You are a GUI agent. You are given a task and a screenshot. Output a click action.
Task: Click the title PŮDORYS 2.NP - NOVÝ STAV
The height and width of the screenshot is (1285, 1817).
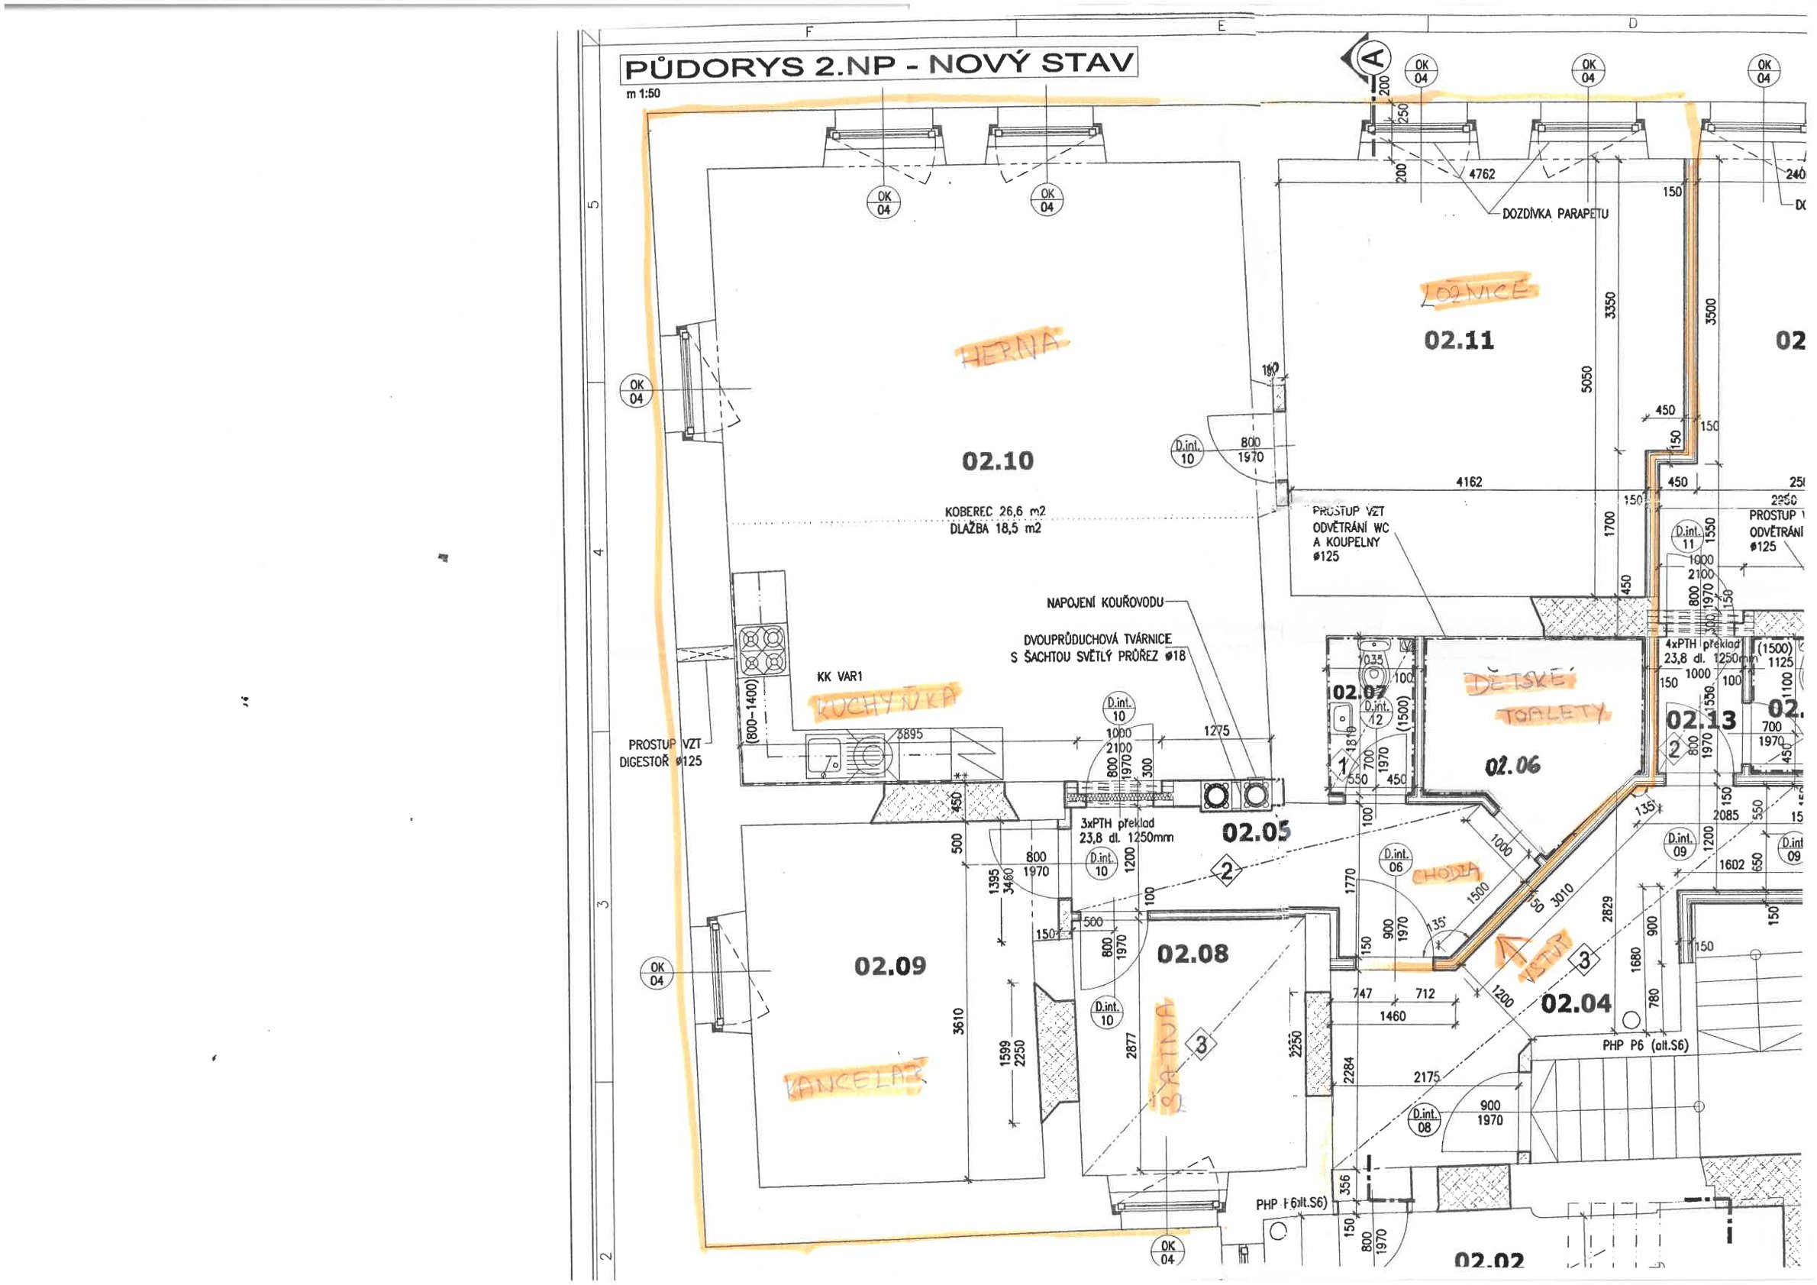pos(879,65)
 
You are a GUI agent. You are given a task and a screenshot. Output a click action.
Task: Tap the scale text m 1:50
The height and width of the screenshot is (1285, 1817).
pos(643,93)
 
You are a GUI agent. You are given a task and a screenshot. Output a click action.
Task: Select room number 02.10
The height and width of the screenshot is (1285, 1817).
pos(997,460)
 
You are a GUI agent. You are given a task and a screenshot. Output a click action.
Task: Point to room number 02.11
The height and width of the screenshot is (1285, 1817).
pos(1458,341)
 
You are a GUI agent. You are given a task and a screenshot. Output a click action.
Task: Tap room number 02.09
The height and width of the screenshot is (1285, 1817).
pos(889,965)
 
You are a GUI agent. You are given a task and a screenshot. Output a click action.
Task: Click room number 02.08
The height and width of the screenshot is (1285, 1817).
pos(1193,954)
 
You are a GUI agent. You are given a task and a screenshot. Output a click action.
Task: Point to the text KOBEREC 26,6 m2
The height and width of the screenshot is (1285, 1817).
pos(995,512)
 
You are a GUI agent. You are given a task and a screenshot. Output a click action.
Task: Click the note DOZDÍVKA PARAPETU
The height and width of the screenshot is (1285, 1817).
pos(1555,214)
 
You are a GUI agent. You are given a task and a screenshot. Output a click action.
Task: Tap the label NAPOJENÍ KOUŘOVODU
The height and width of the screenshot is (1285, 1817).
pos(1105,603)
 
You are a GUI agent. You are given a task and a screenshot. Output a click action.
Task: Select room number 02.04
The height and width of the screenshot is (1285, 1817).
pos(1576,1003)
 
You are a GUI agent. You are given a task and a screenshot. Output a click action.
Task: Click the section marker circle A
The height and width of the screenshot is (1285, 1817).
pos(1376,57)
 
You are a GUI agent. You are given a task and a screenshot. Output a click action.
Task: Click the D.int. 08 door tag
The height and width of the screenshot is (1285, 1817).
pos(1424,1120)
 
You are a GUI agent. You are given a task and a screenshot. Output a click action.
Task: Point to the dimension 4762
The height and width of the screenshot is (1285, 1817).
pos(1481,173)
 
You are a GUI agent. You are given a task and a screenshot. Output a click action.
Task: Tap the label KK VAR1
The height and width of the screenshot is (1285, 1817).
pos(840,676)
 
